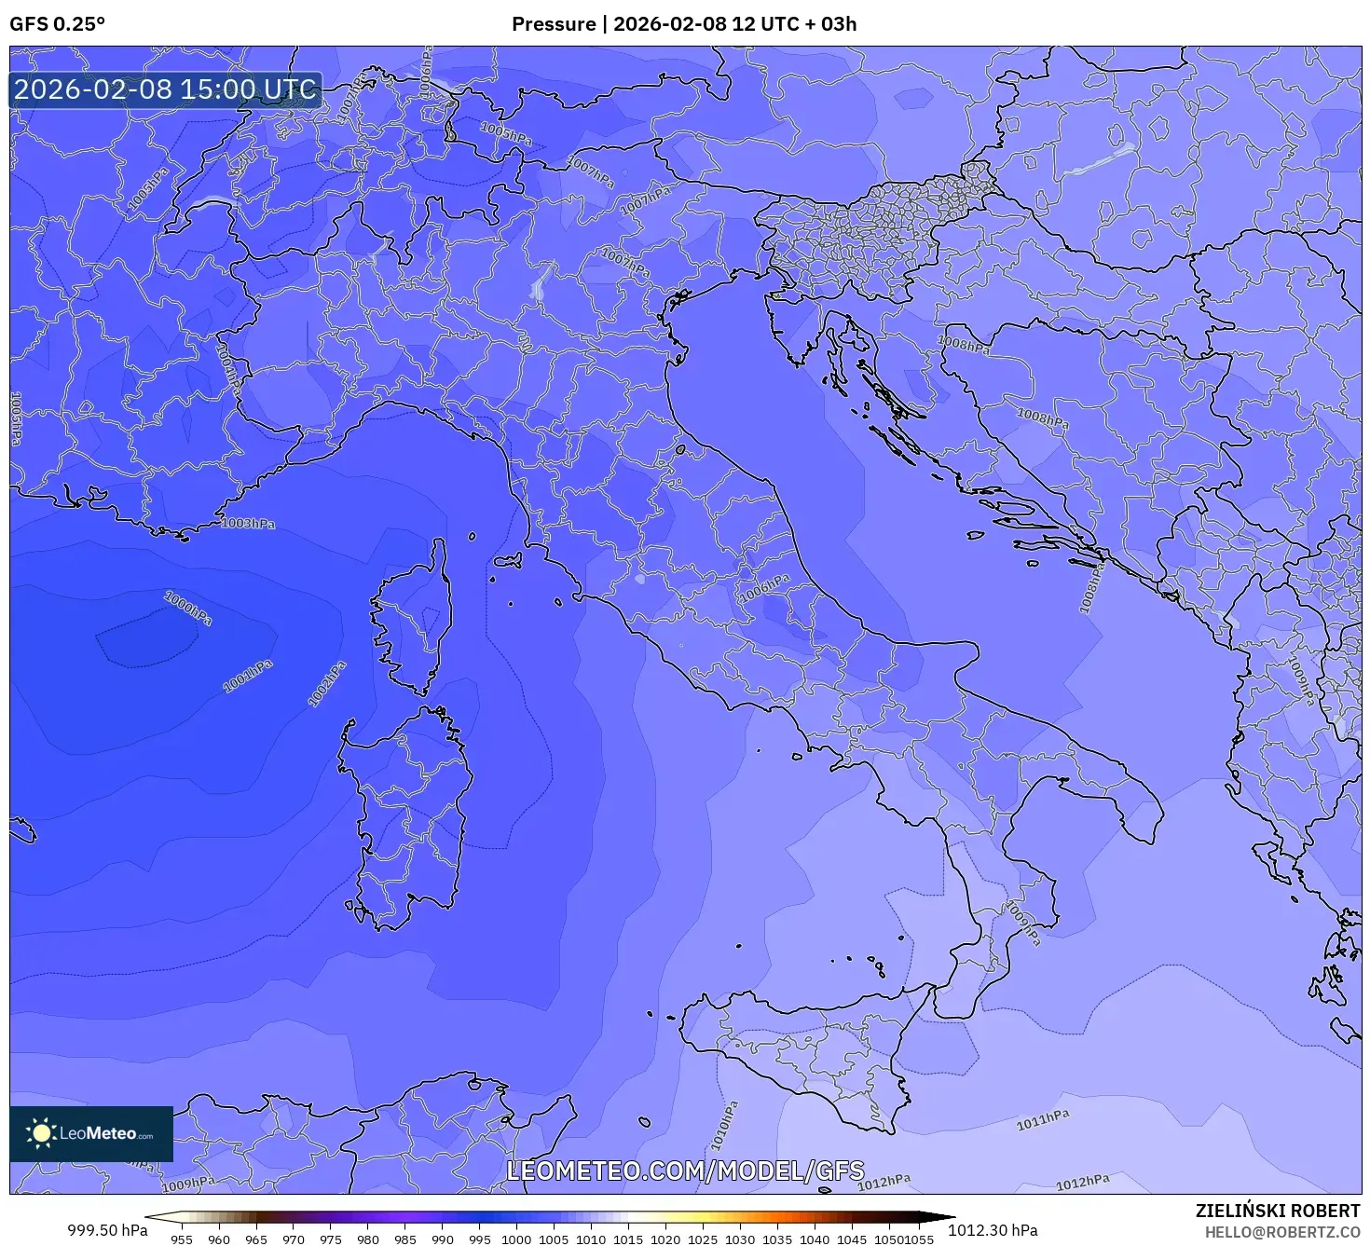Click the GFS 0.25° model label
click(57, 24)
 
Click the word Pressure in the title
click(554, 24)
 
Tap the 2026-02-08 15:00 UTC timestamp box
click(166, 89)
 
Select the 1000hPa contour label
click(188, 609)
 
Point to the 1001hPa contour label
click(248, 677)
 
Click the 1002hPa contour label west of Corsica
click(327, 684)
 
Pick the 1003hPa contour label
click(249, 524)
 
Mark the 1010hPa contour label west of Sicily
click(724, 1126)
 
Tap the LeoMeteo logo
click(91, 1133)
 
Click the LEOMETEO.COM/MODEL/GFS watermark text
click(685, 1171)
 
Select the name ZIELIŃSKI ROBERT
click(1278, 1211)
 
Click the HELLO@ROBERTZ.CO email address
click(1282, 1232)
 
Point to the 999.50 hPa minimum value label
click(107, 1230)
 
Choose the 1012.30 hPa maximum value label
click(993, 1230)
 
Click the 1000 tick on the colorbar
click(516, 1239)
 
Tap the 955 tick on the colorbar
click(182, 1239)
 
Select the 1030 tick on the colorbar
click(739, 1239)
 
